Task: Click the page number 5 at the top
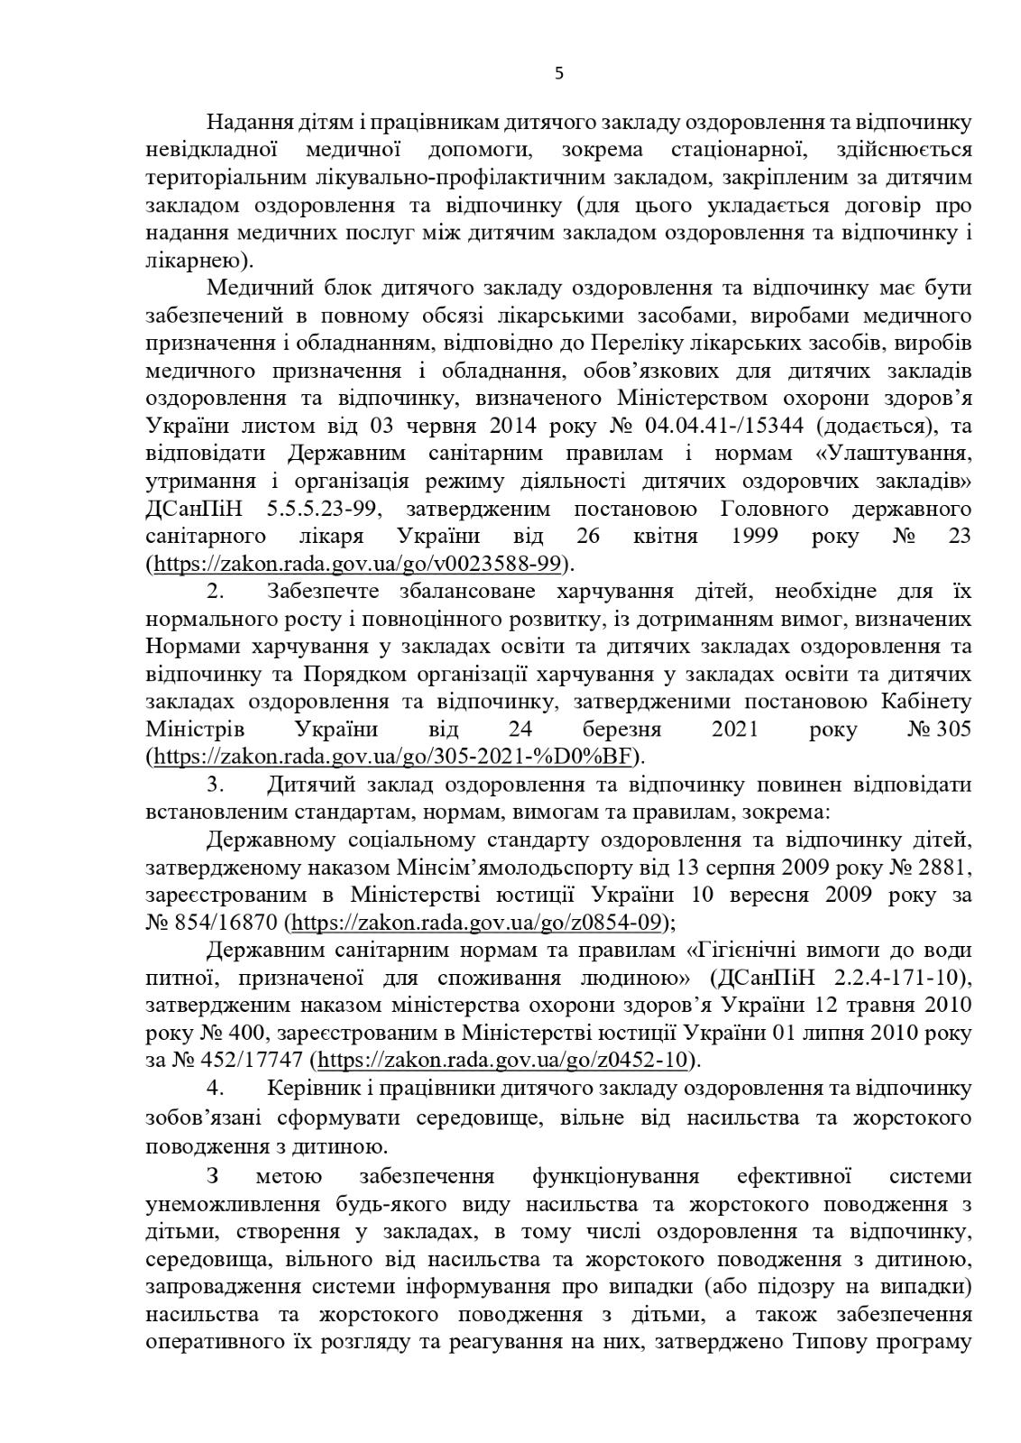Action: [558, 74]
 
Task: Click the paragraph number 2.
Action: [215, 592]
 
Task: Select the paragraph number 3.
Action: [215, 784]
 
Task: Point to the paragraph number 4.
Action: [215, 1088]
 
